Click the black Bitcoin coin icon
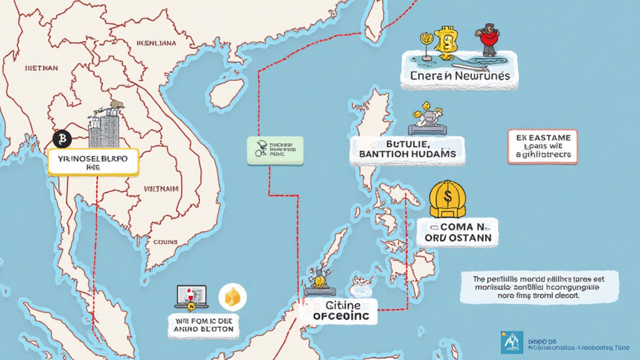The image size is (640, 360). [x=62, y=139]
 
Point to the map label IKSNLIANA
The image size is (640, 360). [x=156, y=43]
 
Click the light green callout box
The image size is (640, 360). [x=275, y=151]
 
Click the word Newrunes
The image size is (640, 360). [x=482, y=76]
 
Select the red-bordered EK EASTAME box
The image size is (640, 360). [x=542, y=147]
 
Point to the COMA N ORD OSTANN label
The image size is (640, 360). [x=457, y=232]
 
